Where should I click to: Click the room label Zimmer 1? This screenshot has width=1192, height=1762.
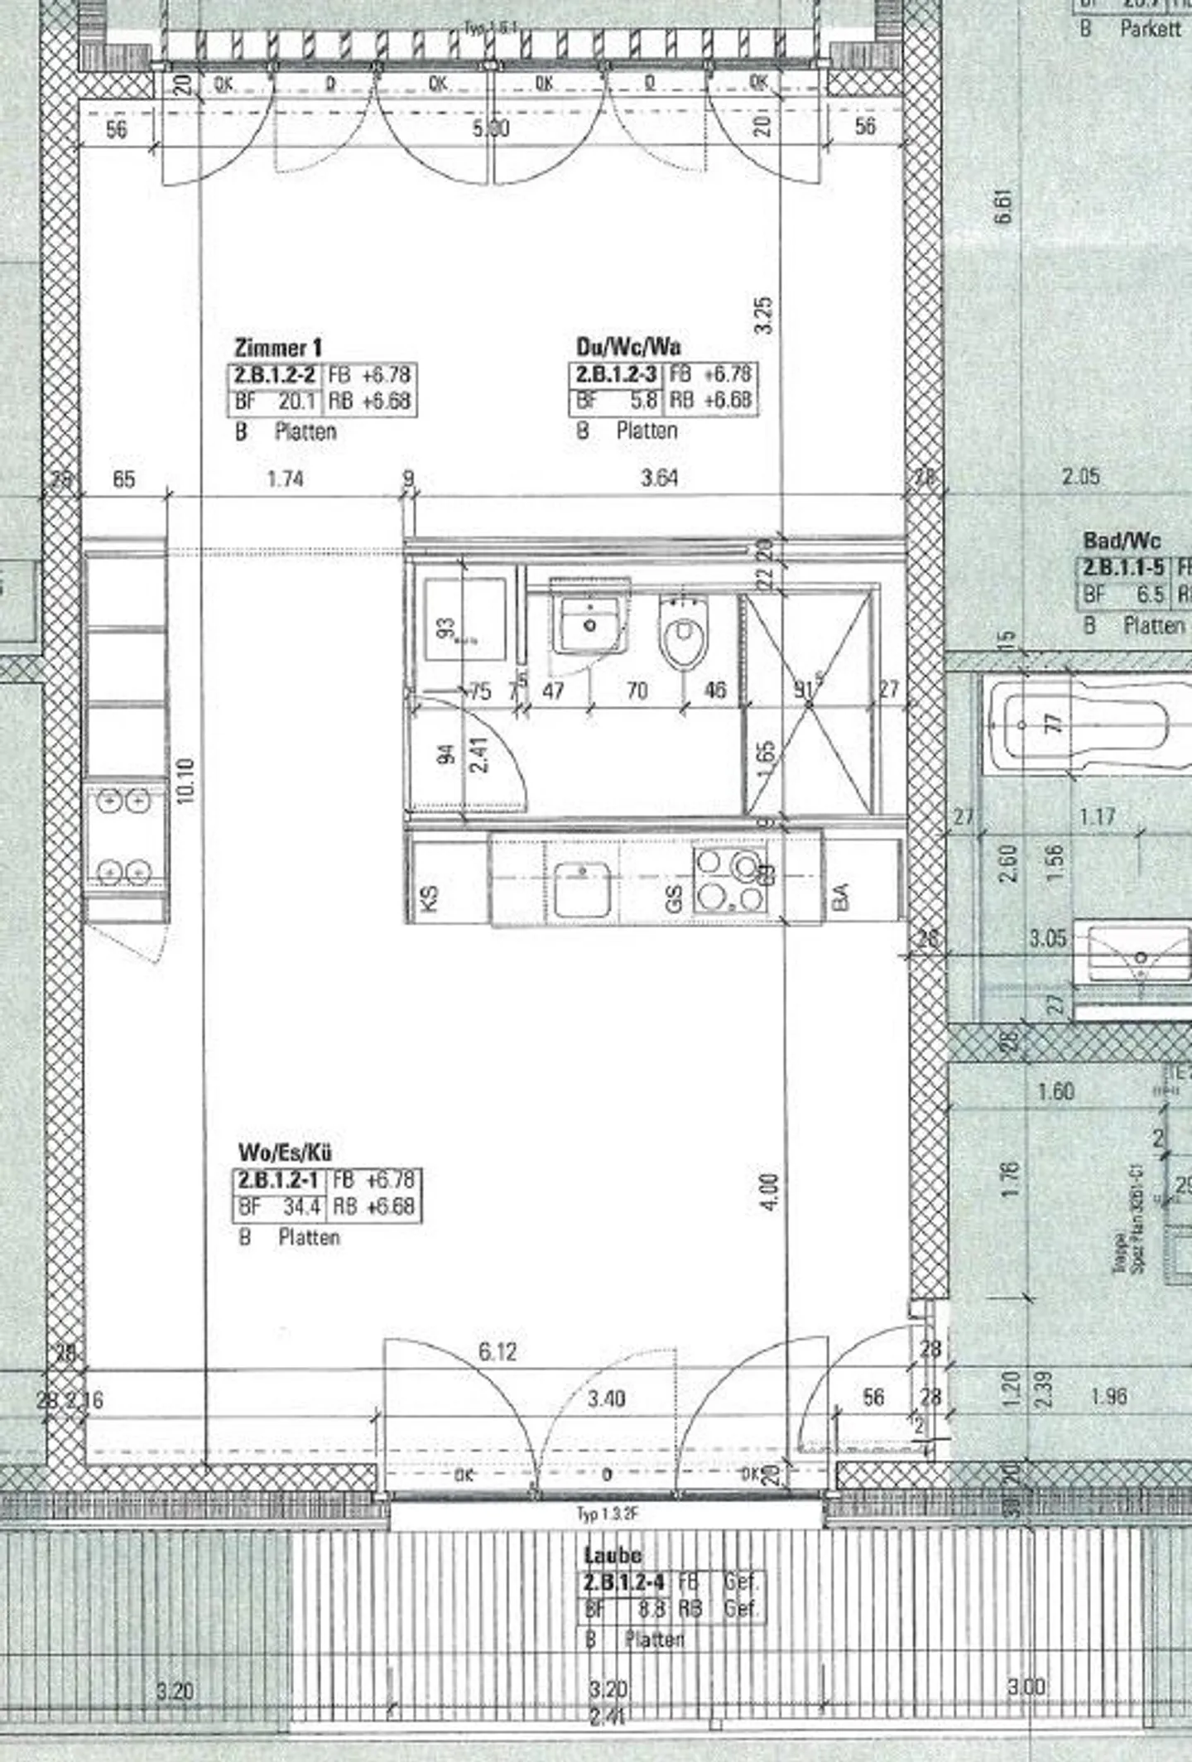278,348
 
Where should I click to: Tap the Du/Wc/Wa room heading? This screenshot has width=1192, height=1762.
628,346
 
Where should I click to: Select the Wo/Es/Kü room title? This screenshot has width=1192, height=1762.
286,1153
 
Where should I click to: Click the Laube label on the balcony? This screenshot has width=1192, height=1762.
612,1555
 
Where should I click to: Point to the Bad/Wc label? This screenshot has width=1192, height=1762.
1122,542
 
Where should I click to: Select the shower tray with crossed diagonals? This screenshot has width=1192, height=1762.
809,703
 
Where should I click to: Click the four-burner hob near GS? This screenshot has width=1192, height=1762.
729,880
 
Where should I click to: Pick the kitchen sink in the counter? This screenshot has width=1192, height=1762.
583,888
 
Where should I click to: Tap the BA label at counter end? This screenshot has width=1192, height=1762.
839,896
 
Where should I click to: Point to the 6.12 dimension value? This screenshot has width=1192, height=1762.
497,1352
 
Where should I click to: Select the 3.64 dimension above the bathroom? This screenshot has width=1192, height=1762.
659,478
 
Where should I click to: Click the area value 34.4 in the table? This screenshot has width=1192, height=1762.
301,1207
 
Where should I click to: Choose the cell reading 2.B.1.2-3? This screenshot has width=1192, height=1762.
616,374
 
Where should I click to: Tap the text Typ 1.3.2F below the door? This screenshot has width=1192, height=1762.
608,1514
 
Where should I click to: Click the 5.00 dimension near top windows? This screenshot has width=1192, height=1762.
490,128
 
